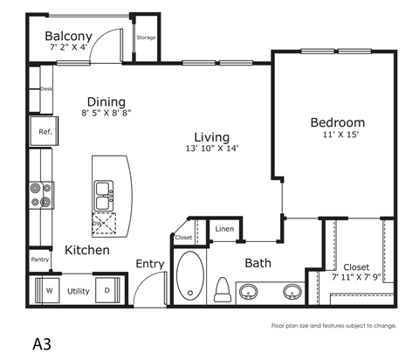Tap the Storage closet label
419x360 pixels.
click(146, 38)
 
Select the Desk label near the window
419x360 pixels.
click(46, 88)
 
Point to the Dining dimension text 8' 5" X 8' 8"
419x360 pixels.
click(106, 113)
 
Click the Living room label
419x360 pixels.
click(212, 137)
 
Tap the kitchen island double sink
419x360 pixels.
click(103, 197)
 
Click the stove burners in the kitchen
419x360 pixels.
click(40, 194)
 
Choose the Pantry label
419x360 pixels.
click(39, 259)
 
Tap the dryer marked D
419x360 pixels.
click(106, 289)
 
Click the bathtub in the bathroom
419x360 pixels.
click(189, 277)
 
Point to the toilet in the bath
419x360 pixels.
click(223, 288)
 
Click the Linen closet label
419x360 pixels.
click(224, 230)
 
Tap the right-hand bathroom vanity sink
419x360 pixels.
click(293, 290)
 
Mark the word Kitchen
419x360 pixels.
click(86, 250)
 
